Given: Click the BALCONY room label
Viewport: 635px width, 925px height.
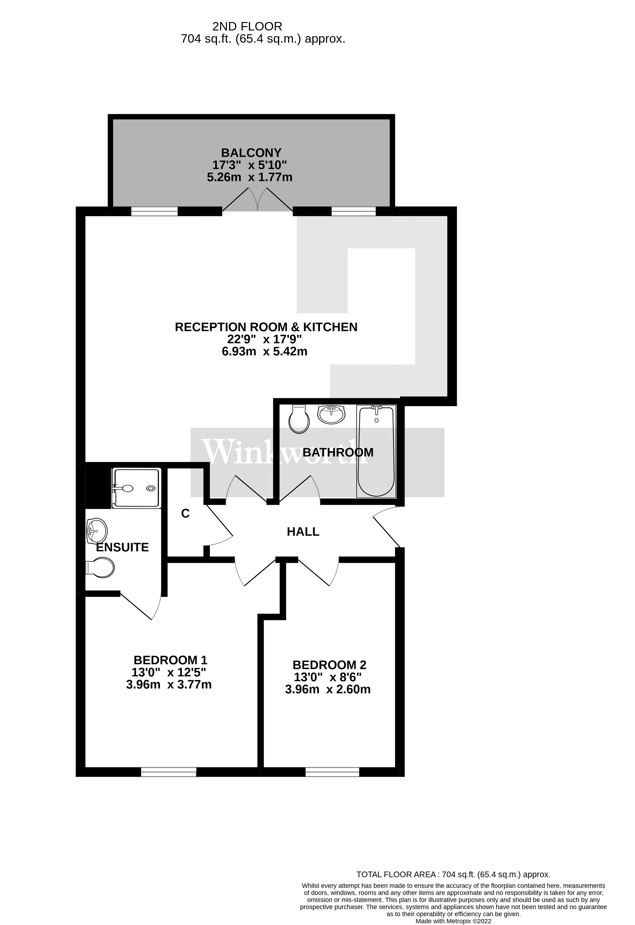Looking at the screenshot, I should pyautogui.click(x=251, y=152).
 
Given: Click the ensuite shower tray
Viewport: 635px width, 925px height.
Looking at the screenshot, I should pyautogui.click(x=136, y=488).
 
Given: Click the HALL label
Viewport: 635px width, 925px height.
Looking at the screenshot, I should pyautogui.click(x=303, y=532).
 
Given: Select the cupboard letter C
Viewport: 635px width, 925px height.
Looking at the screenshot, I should pyautogui.click(x=185, y=514).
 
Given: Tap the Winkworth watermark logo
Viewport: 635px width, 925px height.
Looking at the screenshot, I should pyautogui.click(x=285, y=452).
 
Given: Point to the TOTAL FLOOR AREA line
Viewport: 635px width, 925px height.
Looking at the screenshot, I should pyautogui.click(x=453, y=874).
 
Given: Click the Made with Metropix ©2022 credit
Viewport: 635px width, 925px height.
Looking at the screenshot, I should pyautogui.click(x=453, y=921).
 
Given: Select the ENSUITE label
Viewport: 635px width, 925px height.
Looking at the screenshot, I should pyautogui.click(x=122, y=547).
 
